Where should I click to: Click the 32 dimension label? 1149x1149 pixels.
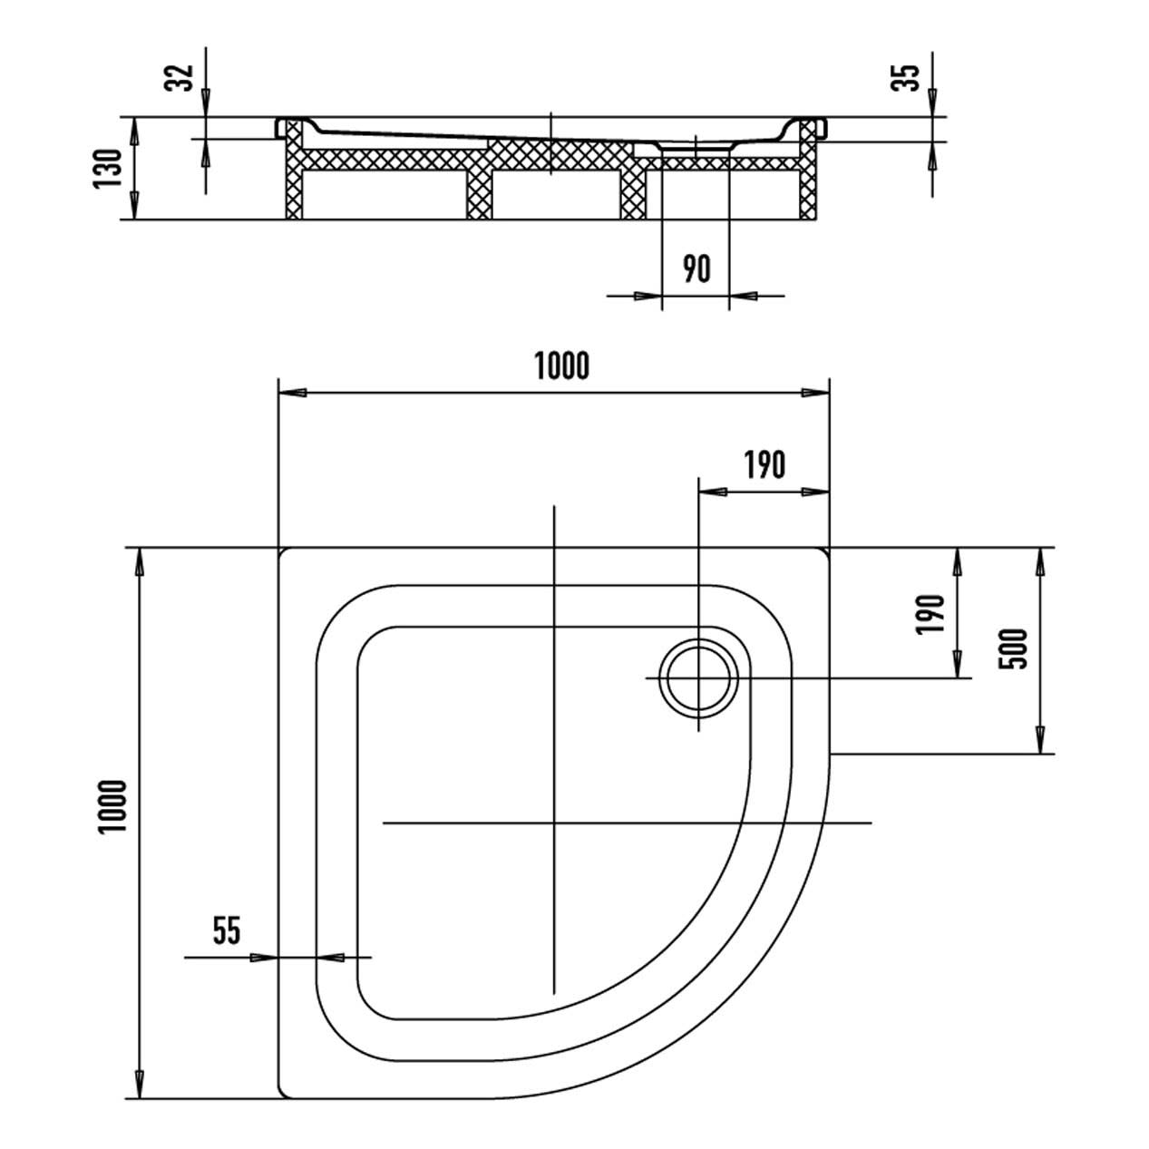pos(179,77)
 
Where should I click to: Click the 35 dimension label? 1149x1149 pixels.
pos(905,77)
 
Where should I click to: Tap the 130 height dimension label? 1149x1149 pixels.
pos(107,169)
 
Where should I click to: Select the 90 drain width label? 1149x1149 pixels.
pos(696,268)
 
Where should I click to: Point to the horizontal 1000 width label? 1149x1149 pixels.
pos(561,366)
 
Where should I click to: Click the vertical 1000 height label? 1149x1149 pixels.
pos(114,807)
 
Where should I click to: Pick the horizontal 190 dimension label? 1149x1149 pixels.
pos(765,465)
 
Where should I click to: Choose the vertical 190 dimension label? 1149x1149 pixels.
pos(931,615)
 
